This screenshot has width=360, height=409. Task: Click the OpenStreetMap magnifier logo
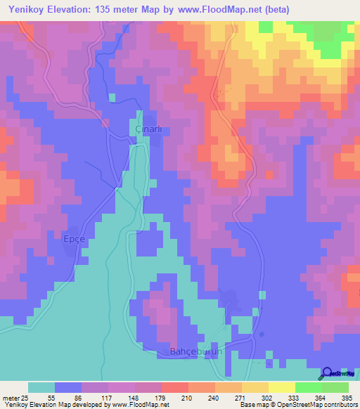328,372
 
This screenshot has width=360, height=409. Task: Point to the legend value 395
348,398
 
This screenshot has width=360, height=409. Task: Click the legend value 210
186,398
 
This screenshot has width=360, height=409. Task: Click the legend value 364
321,398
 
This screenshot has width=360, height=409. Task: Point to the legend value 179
159,398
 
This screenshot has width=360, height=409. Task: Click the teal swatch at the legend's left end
41,387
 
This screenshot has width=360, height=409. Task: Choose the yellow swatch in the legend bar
281,387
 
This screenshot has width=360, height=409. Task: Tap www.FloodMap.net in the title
216,10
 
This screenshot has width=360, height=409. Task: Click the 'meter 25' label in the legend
13,398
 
